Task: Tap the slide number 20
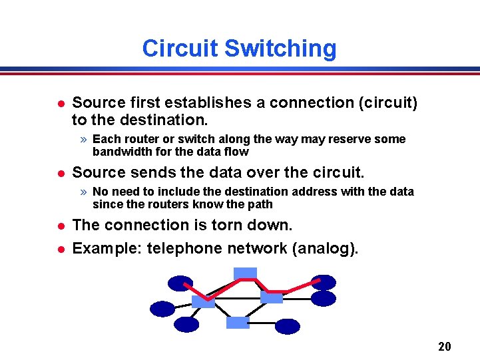coord(445,346)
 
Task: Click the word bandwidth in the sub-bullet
coord(120,152)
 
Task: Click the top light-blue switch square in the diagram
coord(245,273)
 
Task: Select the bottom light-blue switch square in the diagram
coord(238,322)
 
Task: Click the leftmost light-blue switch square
coord(202,301)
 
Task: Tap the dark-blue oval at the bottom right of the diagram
coord(288,326)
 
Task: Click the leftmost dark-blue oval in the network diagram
coord(162,309)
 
